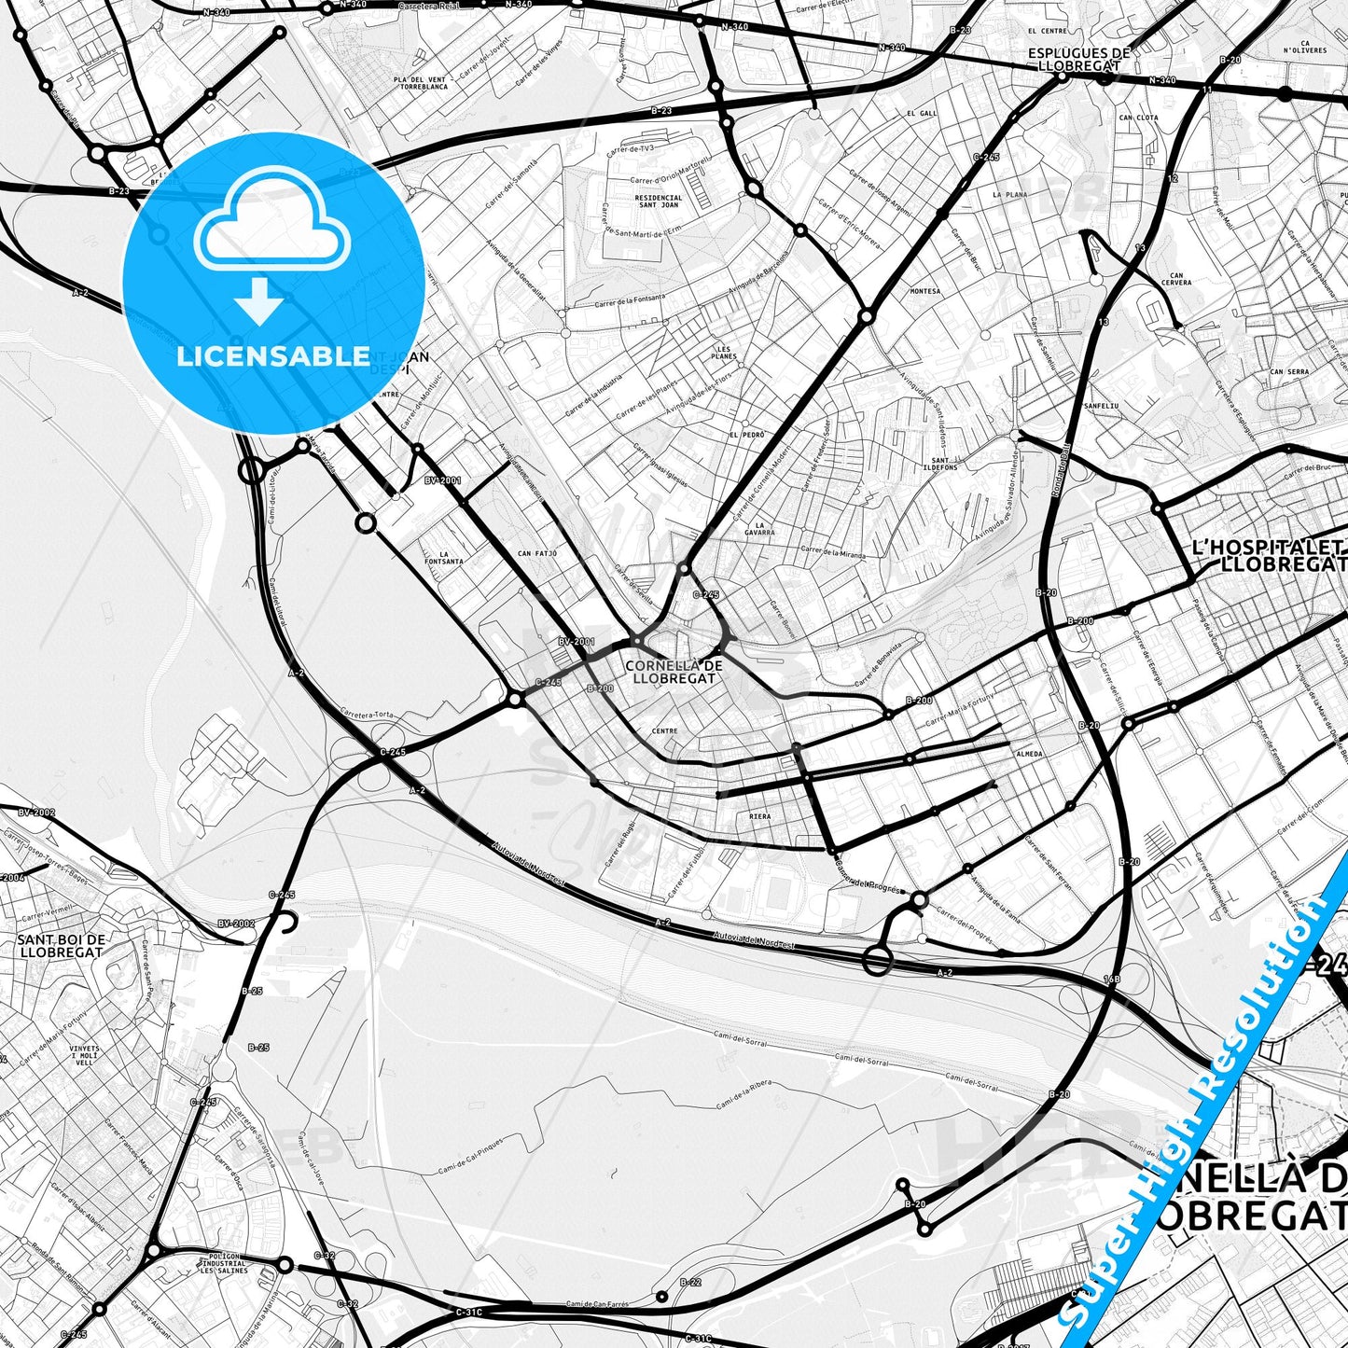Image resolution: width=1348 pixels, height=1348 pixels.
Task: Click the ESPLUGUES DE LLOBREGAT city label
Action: pyautogui.click(x=1079, y=59)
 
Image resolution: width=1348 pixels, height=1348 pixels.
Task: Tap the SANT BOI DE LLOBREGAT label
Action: pyautogui.click(x=61, y=946)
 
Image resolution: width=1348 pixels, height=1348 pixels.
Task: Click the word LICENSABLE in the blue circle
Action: pyautogui.click(x=273, y=356)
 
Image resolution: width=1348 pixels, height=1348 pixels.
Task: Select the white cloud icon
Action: pyautogui.click(x=271, y=222)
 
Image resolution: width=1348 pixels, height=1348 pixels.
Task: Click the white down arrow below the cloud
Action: pyautogui.click(x=260, y=302)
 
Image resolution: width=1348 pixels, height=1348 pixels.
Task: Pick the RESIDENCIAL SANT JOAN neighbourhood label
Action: pyautogui.click(x=659, y=203)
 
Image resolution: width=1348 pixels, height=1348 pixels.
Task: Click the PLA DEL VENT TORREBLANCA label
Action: pyautogui.click(x=421, y=83)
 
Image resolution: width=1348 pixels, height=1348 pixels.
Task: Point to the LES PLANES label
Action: pyautogui.click(x=723, y=351)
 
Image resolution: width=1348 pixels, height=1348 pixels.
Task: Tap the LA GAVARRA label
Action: pyautogui.click(x=760, y=530)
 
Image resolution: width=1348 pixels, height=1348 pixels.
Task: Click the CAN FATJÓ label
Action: pyautogui.click(x=537, y=553)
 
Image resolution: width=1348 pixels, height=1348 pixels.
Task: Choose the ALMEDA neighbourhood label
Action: pyautogui.click(x=1029, y=753)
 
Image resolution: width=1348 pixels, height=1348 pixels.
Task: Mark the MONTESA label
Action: pyautogui.click(x=924, y=291)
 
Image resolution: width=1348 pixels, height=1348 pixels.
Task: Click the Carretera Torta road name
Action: pyautogui.click(x=370, y=715)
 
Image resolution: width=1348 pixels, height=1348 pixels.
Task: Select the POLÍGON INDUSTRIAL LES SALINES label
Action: pyautogui.click(x=223, y=1266)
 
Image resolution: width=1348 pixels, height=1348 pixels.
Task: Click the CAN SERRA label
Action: pyautogui.click(x=1288, y=371)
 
